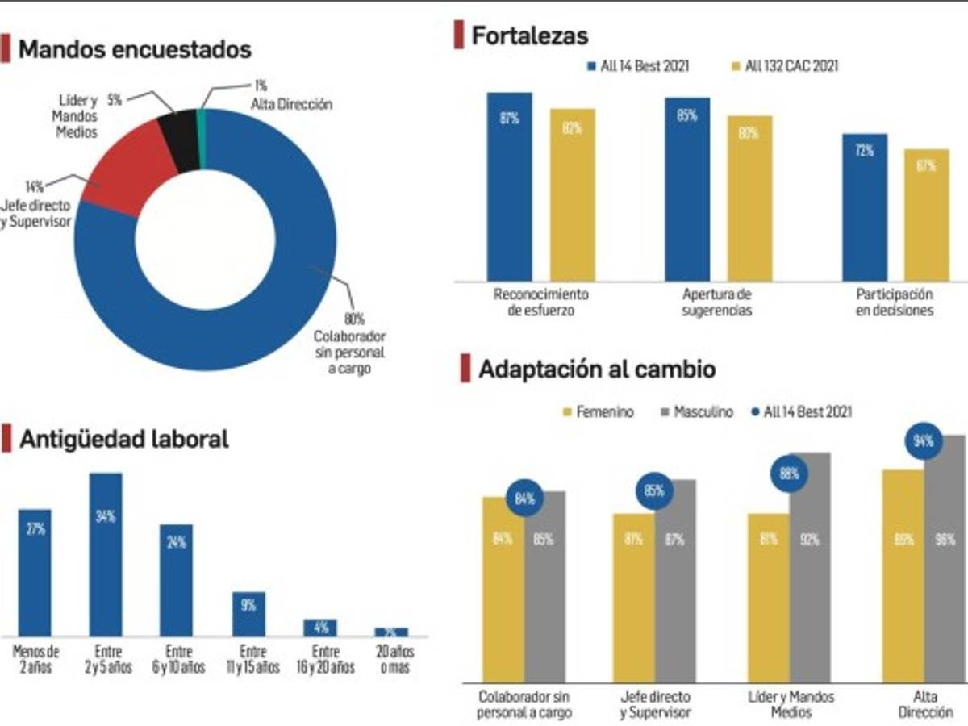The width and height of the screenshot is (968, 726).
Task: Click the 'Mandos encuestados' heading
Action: (135, 49)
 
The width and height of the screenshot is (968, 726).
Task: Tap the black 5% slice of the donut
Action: (177, 141)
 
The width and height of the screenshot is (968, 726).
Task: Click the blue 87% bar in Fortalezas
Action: (509, 186)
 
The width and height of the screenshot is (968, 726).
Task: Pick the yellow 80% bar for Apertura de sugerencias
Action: (749, 198)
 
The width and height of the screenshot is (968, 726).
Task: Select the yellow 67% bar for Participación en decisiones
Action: (926, 214)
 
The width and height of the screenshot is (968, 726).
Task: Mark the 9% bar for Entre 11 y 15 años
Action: (248, 614)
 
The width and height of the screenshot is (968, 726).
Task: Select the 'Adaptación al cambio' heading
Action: (596, 369)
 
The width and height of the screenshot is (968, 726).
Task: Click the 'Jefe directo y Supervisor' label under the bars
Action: (655, 705)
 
